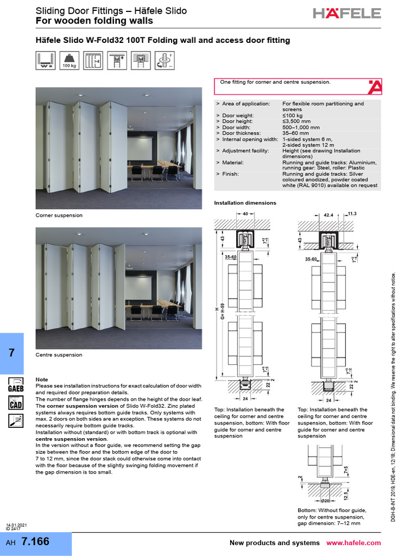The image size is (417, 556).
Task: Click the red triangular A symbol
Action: (375, 86)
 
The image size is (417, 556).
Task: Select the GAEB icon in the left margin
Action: (15, 384)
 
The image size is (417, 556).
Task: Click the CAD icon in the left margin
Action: (15, 403)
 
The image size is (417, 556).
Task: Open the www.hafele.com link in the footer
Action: (353, 543)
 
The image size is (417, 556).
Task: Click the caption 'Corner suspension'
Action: (59, 216)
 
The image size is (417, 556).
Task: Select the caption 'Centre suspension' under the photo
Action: (59, 355)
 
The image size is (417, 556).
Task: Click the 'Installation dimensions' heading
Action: (245, 203)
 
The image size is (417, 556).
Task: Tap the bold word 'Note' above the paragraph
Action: (41, 380)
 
